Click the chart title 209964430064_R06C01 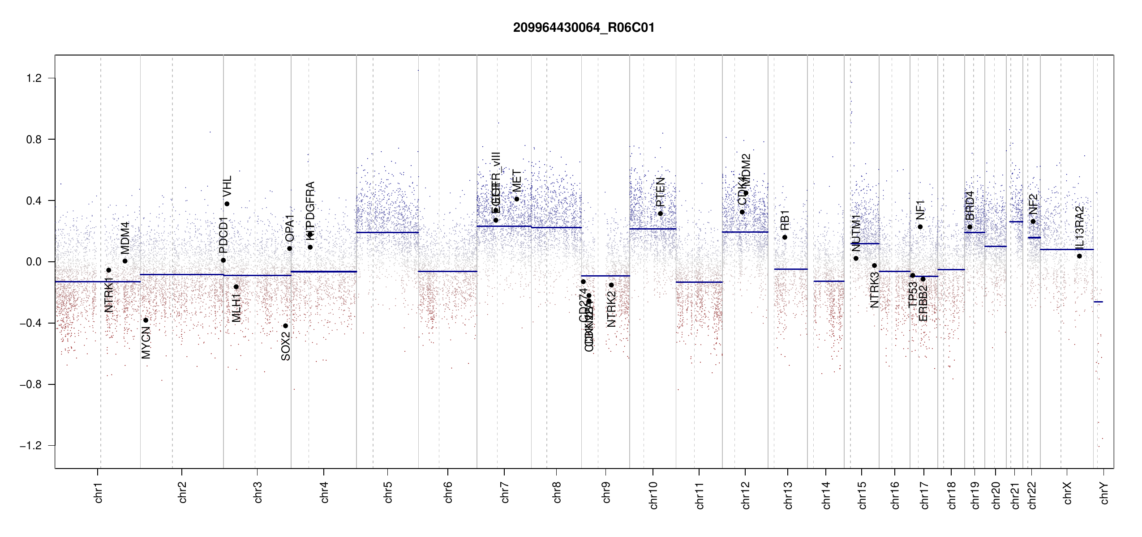(x=584, y=28)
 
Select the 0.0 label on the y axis (x=34, y=262)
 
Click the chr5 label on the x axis (x=388, y=492)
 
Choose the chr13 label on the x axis (x=788, y=495)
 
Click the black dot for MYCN (x=146, y=320)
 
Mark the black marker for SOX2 (x=286, y=326)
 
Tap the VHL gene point (x=227, y=204)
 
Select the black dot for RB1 (x=785, y=237)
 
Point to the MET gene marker (x=517, y=199)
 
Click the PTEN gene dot (x=660, y=213)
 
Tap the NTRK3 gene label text (x=874, y=290)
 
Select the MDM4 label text (x=125, y=238)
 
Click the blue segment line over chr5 (x=387, y=232)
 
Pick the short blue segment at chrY (x=1098, y=302)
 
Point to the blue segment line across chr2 (x=182, y=274)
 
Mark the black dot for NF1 (x=920, y=227)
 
